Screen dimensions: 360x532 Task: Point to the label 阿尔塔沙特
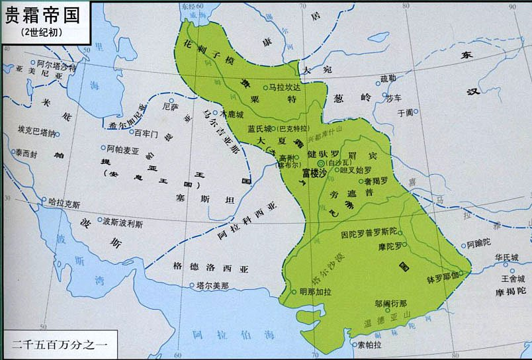pyautogui.click(x=58, y=66)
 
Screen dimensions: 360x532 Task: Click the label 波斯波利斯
pyautogui.click(x=122, y=224)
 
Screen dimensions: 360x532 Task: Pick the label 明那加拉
pyautogui.click(x=315, y=291)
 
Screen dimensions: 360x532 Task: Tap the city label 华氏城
pyautogui.click(x=506, y=257)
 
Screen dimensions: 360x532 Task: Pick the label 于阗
pyautogui.click(x=404, y=112)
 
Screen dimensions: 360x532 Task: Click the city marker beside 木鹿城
pyautogui.click(x=223, y=114)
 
